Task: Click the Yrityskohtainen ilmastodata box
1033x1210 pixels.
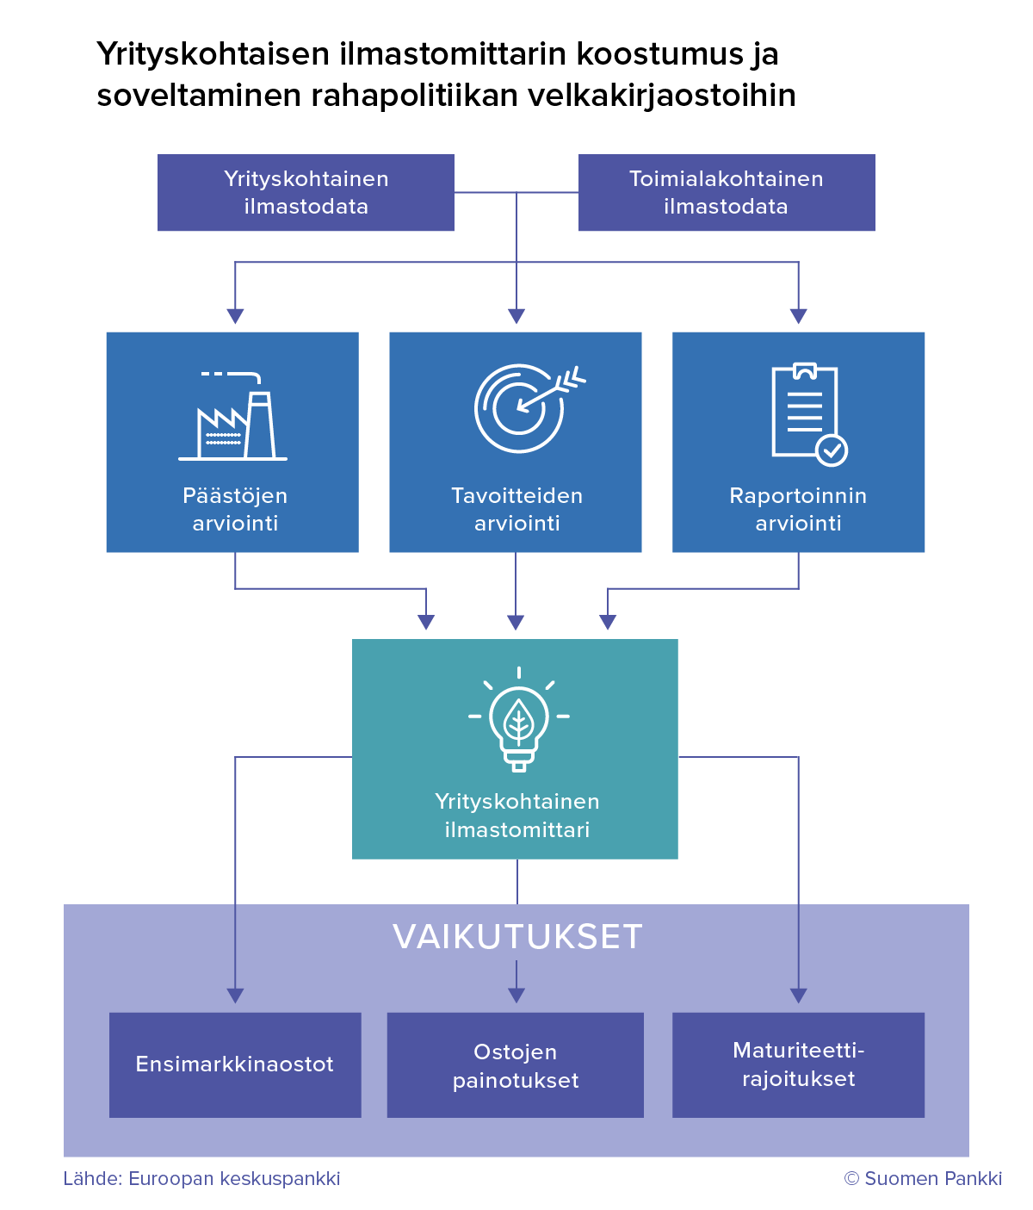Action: [x=306, y=193]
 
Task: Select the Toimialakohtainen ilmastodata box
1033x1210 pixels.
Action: [x=727, y=193]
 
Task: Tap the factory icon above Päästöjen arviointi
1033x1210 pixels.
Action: [x=233, y=416]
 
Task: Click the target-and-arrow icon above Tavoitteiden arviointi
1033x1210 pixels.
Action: [x=526, y=407]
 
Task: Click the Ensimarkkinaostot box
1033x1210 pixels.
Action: [x=235, y=1064]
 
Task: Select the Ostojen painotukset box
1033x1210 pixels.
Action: [x=516, y=1065]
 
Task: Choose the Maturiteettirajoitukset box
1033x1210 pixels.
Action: [x=798, y=1064]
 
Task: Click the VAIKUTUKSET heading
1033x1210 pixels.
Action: [x=517, y=937]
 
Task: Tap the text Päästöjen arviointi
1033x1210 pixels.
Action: [x=235, y=509]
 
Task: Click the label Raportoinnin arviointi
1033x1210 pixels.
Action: [x=798, y=509]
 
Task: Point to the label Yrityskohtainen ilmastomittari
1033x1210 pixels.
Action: [x=516, y=816]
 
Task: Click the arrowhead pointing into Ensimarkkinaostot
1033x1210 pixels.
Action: [x=235, y=996]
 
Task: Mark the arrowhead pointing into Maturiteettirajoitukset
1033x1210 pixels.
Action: [x=798, y=996]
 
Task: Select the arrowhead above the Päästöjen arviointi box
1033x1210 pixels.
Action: [x=235, y=316]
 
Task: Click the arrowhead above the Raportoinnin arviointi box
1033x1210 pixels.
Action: [x=798, y=316]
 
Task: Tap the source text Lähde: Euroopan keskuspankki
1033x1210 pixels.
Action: [x=201, y=1178]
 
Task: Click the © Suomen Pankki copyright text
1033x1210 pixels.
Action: [x=923, y=1178]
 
